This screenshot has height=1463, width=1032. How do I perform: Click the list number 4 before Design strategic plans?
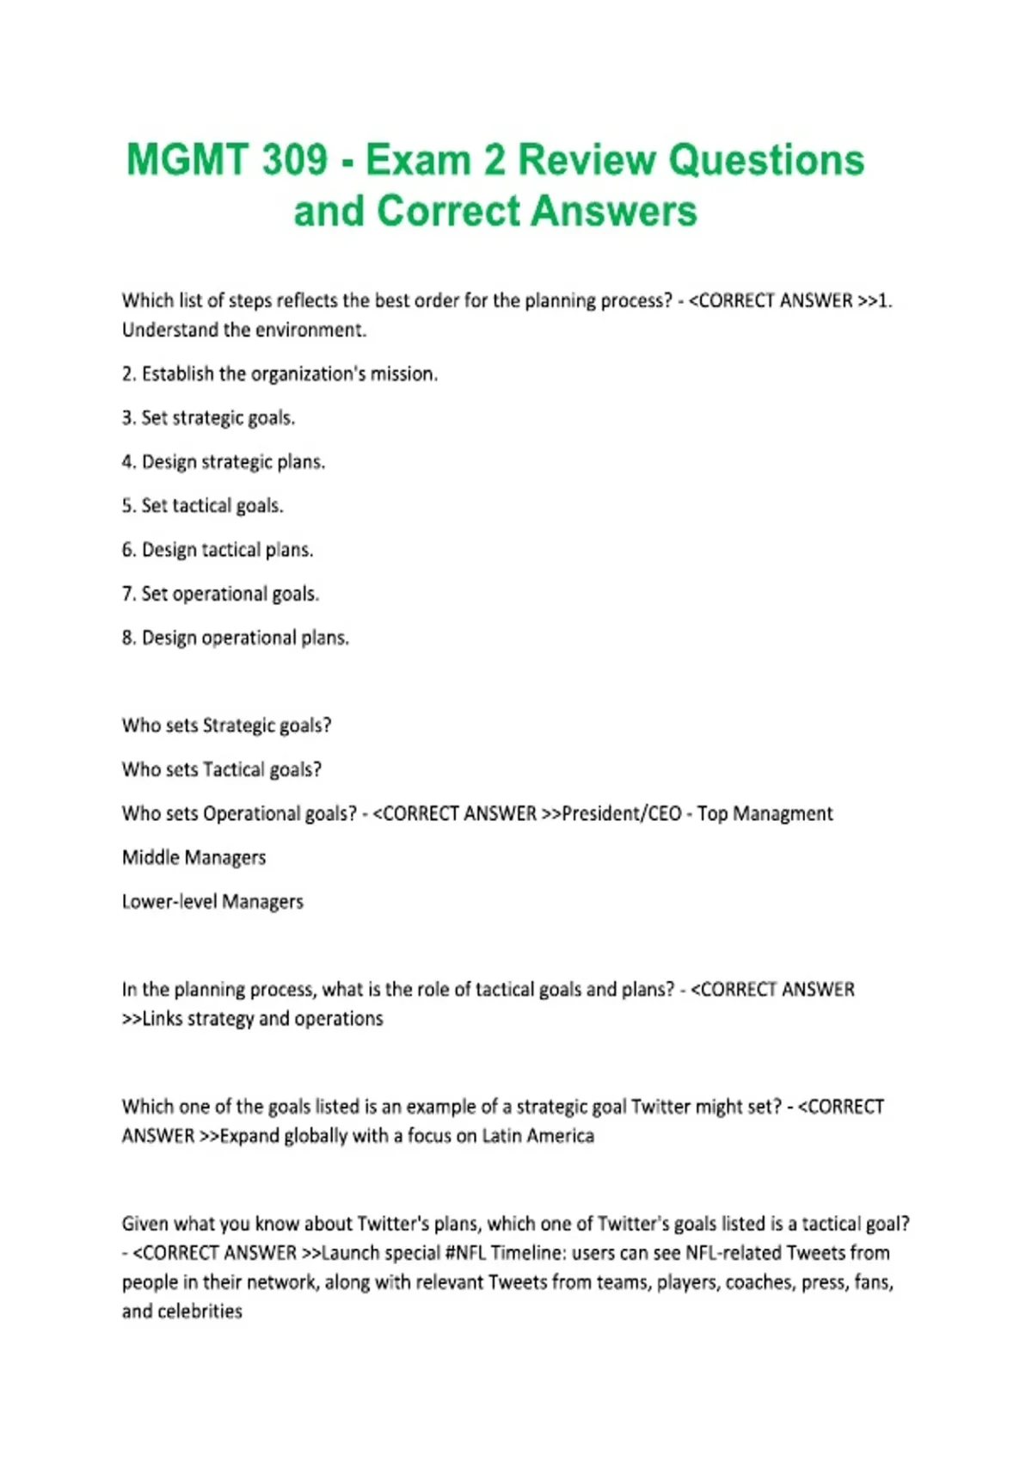point(128,462)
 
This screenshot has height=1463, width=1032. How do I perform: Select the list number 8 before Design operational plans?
point(128,639)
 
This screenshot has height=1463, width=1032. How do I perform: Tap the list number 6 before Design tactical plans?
point(128,550)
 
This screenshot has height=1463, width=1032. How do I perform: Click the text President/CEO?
point(621,813)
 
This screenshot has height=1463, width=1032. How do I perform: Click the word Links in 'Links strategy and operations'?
point(162,1019)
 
